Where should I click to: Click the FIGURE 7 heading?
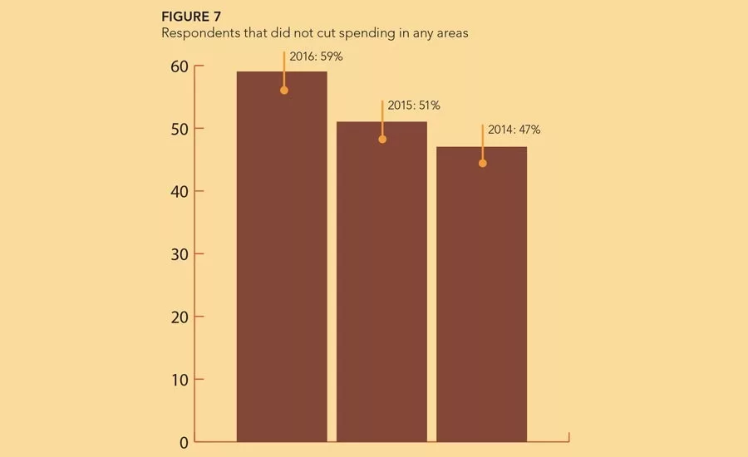point(191,17)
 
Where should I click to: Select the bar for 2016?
point(282,257)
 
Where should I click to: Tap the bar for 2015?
point(381,282)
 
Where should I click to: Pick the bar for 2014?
point(482,294)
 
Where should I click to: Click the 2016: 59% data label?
point(317,57)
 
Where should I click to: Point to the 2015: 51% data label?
point(414,105)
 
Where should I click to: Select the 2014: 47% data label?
point(514,130)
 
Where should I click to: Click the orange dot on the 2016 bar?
point(284,91)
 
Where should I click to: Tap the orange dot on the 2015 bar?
point(382,140)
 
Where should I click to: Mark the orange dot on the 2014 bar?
point(483,164)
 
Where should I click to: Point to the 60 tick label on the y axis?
point(180,66)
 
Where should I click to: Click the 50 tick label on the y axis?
point(180,130)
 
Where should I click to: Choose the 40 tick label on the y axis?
point(180,192)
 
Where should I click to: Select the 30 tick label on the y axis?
point(180,255)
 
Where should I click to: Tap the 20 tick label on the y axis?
point(180,317)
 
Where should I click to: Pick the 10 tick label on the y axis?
point(180,381)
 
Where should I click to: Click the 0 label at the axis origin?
point(184,443)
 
